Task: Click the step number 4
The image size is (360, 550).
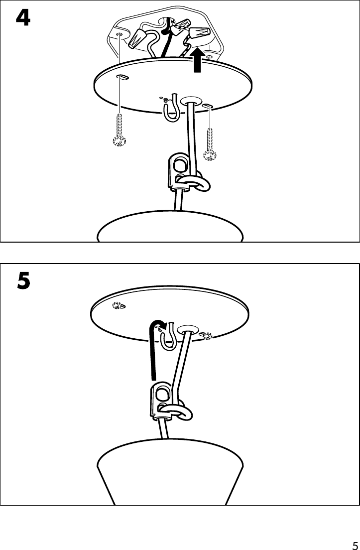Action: [23, 18]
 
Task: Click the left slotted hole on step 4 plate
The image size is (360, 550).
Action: [122, 77]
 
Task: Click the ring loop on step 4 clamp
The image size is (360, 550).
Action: [191, 183]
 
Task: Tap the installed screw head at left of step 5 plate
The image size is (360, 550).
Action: [118, 306]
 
